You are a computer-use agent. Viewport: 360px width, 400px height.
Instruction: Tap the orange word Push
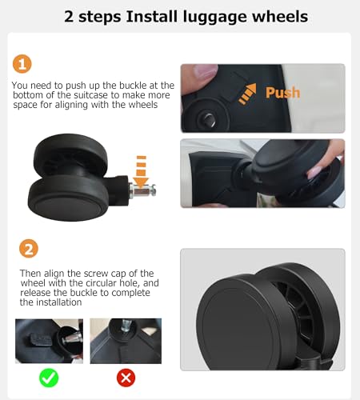point(282,93)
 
